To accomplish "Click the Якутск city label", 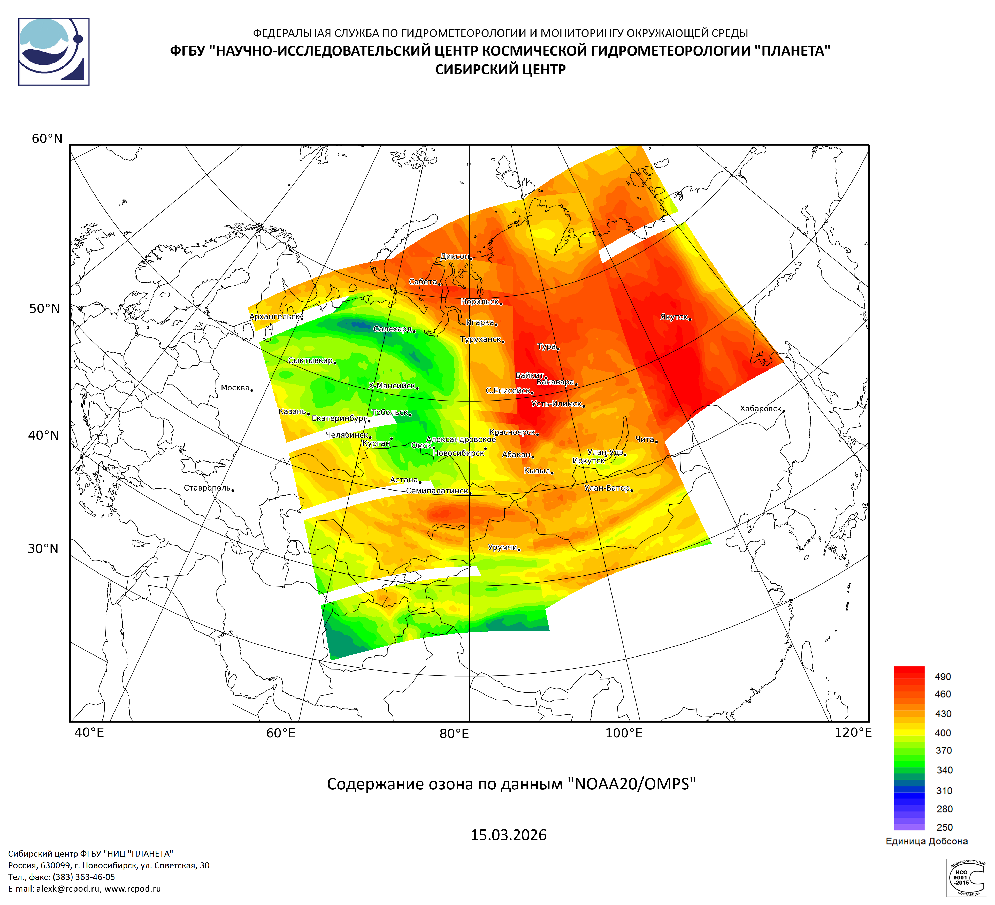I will (x=674, y=317).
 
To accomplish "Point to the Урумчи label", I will (x=502, y=547).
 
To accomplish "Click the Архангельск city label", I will (x=274, y=316).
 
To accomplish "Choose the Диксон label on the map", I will (x=455, y=256).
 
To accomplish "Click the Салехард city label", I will (x=392, y=329).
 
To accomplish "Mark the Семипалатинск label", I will (x=437, y=491).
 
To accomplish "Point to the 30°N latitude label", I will (x=43, y=548).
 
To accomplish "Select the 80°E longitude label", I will (x=454, y=733).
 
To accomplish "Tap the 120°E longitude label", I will (x=853, y=732).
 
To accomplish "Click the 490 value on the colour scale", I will (x=943, y=676).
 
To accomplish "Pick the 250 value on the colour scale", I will (x=944, y=827).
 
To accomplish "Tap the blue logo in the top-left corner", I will (x=54, y=52).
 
